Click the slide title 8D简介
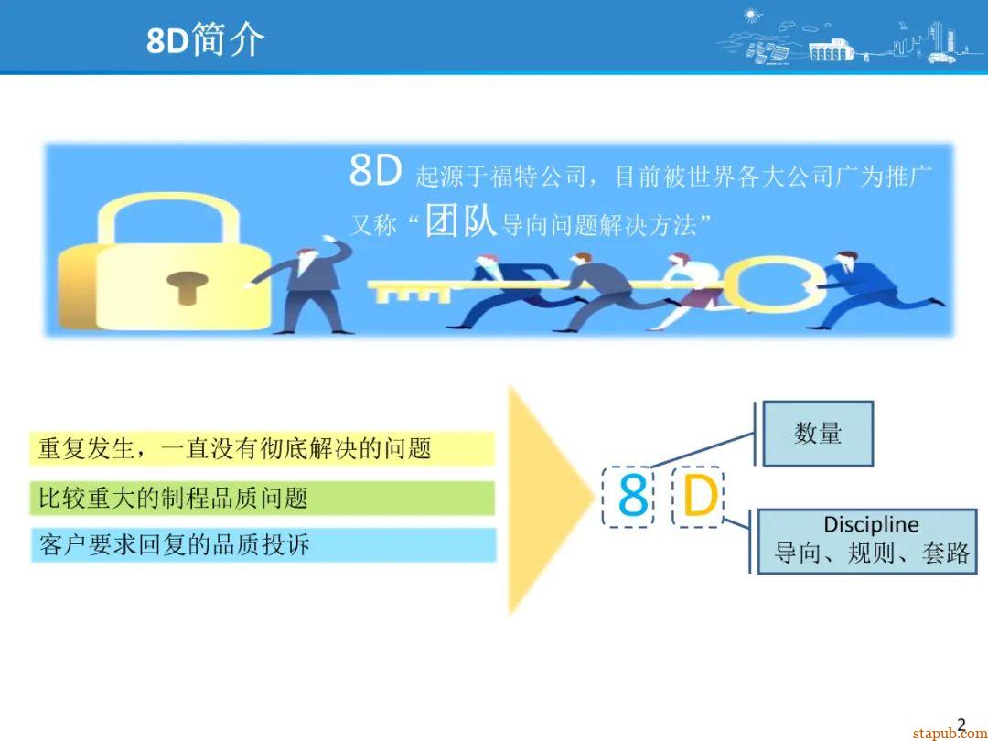(206, 39)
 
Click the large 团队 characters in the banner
(461, 220)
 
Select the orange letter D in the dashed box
(699, 498)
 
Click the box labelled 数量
(818, 433)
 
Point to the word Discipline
(871, 524)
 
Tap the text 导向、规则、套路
(871, 553)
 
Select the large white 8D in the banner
(375, 172)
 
